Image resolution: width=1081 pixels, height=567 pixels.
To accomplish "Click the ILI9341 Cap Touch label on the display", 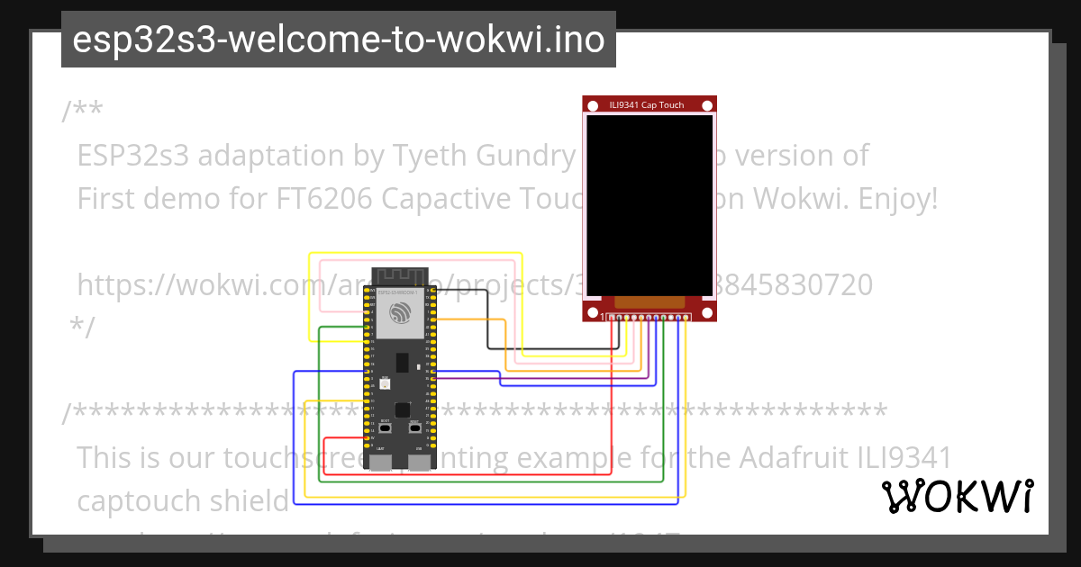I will coord(647,105).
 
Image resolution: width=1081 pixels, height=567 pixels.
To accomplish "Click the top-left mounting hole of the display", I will coord(592,106).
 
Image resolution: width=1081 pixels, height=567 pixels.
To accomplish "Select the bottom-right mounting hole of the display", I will coord(708,312).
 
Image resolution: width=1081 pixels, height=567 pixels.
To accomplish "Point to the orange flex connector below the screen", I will coord(650,302).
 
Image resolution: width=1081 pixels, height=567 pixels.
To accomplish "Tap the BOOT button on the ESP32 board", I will coord(385,428).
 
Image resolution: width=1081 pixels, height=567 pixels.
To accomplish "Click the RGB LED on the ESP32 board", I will coord(385,384).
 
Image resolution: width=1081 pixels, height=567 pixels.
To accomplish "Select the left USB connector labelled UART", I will coord(381,462).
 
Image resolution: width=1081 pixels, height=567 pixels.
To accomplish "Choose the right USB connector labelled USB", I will coord(419,462).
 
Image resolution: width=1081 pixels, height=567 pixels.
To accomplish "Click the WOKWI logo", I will coord(957,496).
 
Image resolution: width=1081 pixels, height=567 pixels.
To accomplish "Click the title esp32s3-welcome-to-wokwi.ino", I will coord(338,40).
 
